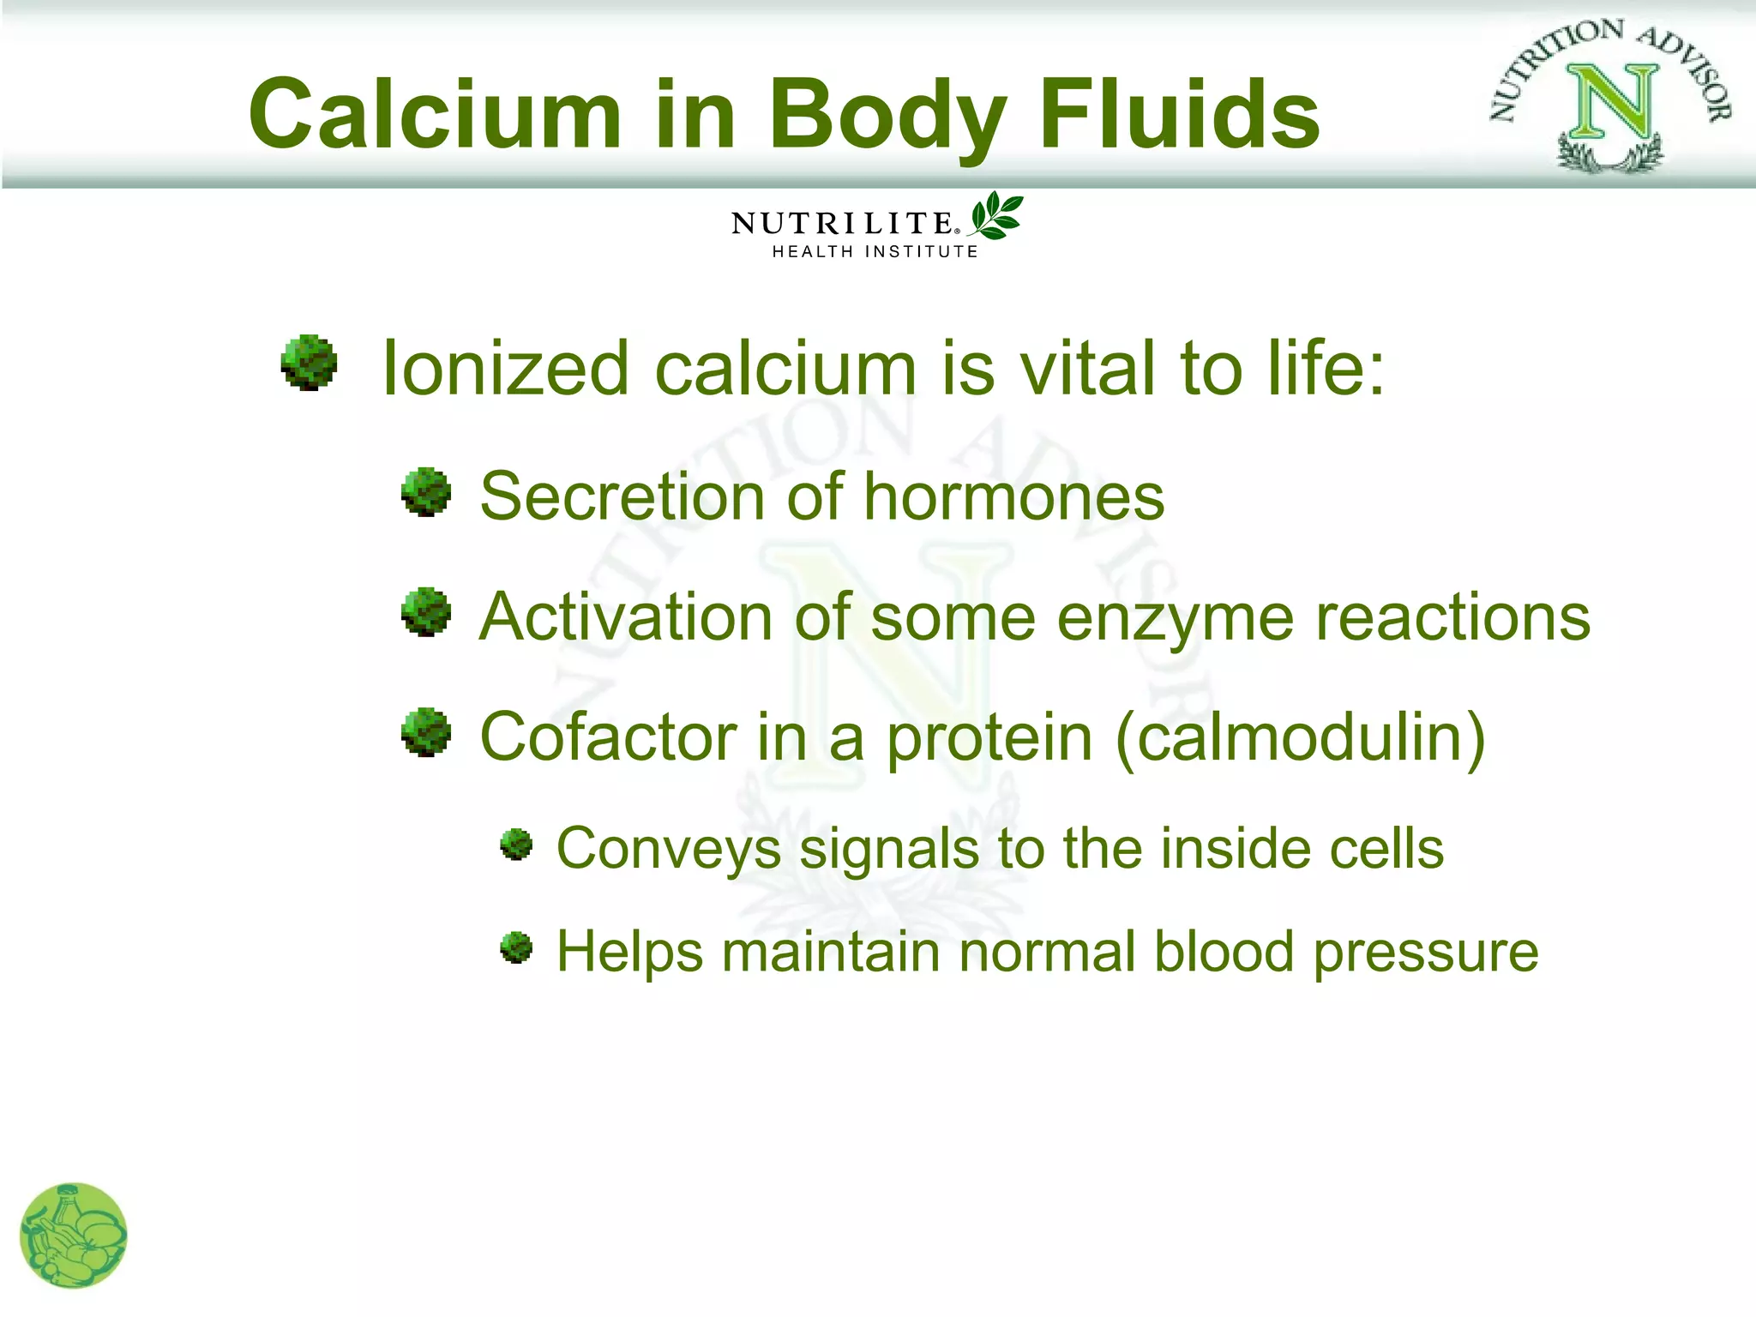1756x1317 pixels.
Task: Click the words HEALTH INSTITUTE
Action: click(875, 252)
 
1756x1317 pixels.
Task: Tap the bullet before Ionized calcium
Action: click(309, 363)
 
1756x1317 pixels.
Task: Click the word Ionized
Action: click(506, 370)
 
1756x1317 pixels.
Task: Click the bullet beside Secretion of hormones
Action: click(426, 492)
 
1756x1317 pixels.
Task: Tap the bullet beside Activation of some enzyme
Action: click(426, 612)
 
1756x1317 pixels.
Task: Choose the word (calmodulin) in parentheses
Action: click(1300, 737)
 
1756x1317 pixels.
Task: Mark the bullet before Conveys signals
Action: click(516, 845)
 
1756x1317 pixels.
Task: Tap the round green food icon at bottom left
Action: click(74, 1235)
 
